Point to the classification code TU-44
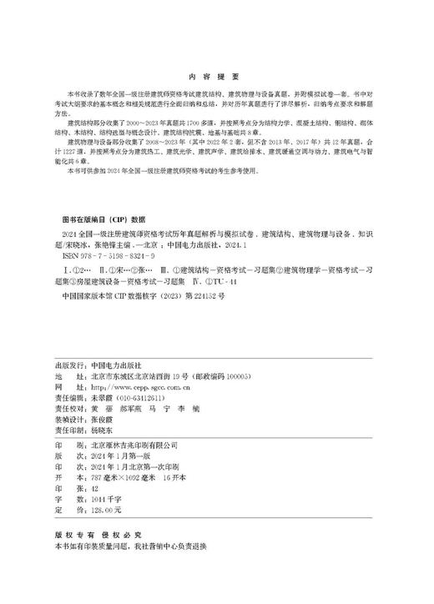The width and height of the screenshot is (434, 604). click(x=227, y=284)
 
